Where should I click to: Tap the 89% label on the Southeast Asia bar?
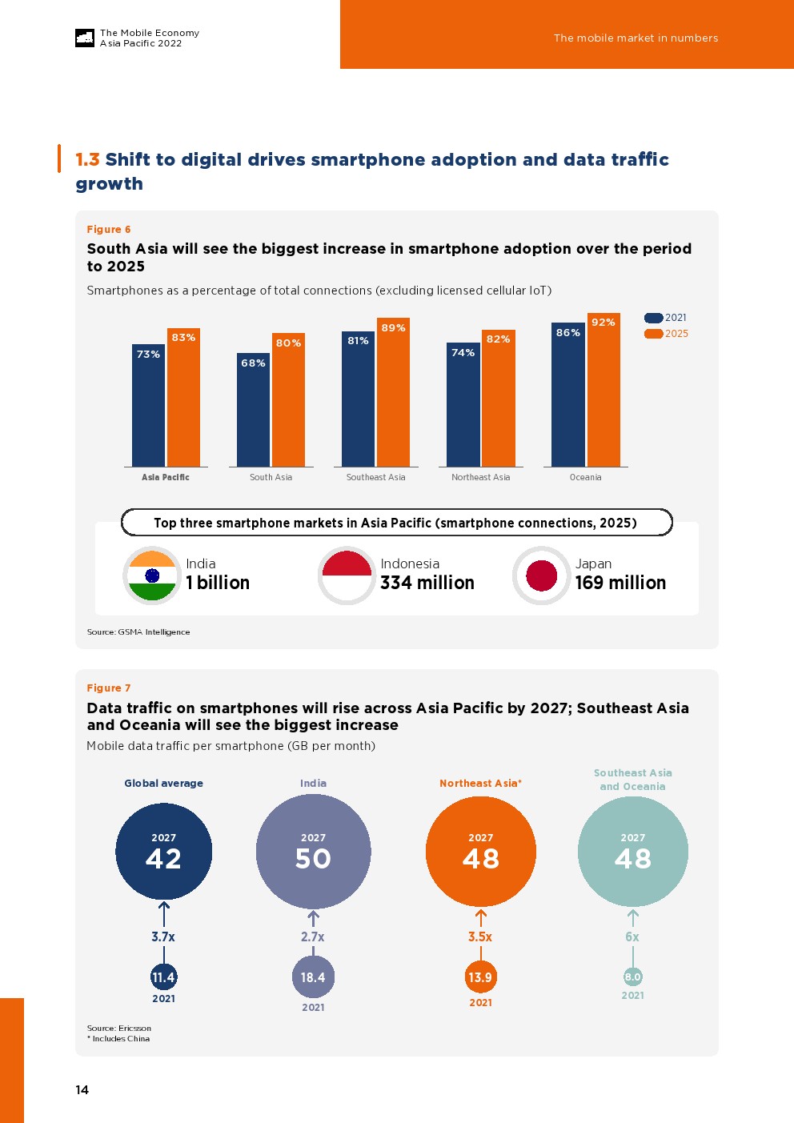393,328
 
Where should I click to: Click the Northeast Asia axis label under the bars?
480,477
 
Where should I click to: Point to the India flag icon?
152,576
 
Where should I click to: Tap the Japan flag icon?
541,576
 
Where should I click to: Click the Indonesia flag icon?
347,576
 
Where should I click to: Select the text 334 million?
427,583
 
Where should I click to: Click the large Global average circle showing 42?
164,851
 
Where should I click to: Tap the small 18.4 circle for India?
313,977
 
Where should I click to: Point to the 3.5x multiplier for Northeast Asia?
480,937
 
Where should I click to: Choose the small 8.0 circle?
633,977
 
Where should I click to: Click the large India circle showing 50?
313,851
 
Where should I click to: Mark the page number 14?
82,1089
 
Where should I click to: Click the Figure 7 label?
109,688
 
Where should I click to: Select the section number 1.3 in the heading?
87,160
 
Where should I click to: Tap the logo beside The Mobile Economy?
85,38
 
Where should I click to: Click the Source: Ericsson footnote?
119,1028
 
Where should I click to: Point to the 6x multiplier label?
632,937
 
